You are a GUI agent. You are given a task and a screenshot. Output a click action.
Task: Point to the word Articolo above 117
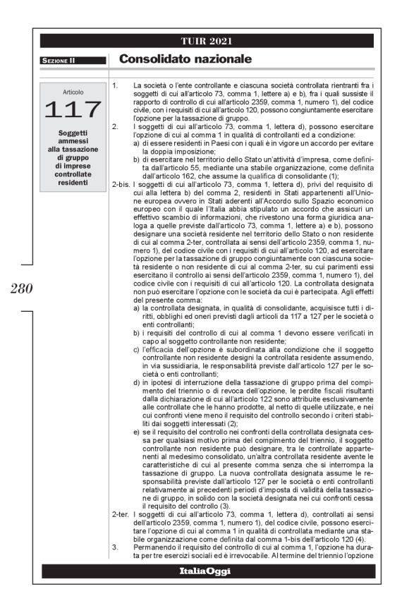point(73,92)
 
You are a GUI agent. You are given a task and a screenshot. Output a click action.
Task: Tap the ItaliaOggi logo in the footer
point(206,590)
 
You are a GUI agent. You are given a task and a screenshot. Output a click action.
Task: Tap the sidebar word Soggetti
point(73,133)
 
